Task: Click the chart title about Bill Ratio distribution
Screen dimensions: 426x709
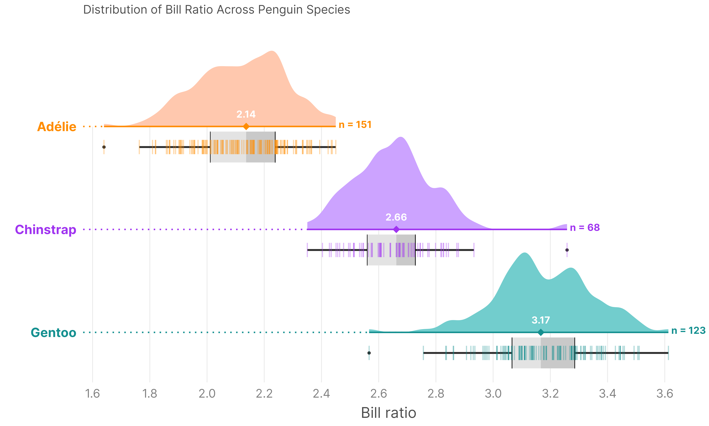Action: (216, 10)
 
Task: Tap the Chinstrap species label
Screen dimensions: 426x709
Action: (46, 230)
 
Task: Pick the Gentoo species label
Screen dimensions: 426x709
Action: (54, 332)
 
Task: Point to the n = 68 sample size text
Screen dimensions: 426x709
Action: (585, 228)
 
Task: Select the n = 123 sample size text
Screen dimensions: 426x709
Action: (688, 331)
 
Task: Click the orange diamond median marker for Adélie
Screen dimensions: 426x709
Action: (246, 126)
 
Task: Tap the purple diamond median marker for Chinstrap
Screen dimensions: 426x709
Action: (396, 229)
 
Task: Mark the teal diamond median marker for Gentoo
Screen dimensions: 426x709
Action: (540, 332)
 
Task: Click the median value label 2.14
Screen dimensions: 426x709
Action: (246, 114)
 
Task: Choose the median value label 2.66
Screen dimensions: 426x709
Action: (396, 217)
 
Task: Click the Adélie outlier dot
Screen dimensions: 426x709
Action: (104, 147)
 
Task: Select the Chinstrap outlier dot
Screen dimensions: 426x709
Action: (567, 250)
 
